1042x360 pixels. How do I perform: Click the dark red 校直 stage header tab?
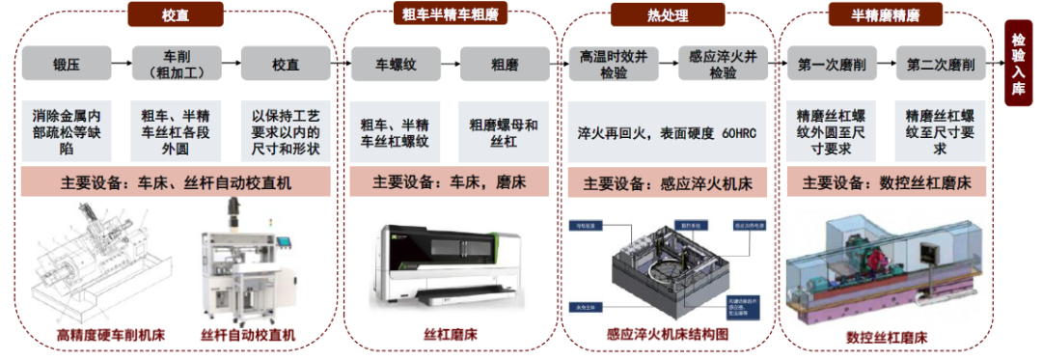[x=175, y=15]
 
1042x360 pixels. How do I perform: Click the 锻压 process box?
[x=67, y=66]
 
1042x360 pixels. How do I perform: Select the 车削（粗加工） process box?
[x=175, y=66]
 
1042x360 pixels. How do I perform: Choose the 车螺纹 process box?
[x=396, y=66]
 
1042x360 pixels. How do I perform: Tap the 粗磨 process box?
[x=505, y=66]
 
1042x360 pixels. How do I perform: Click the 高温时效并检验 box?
[x=614, y=65]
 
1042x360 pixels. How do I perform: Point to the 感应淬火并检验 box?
[x=723, y=65]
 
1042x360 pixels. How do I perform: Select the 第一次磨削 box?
[x=832, y=66]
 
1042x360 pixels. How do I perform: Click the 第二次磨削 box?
[x=941, y=66]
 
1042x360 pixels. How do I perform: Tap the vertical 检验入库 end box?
[x=1020, y=64]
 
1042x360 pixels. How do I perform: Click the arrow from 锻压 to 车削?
[x=121, y=66]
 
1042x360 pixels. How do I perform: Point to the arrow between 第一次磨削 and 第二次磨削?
[x=886, y=66]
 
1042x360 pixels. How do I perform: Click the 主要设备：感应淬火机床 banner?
[x=668, y=183]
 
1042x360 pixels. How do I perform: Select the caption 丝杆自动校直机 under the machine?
[x=248, y=336]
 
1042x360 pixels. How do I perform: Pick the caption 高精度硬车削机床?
[x=110, y=336]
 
